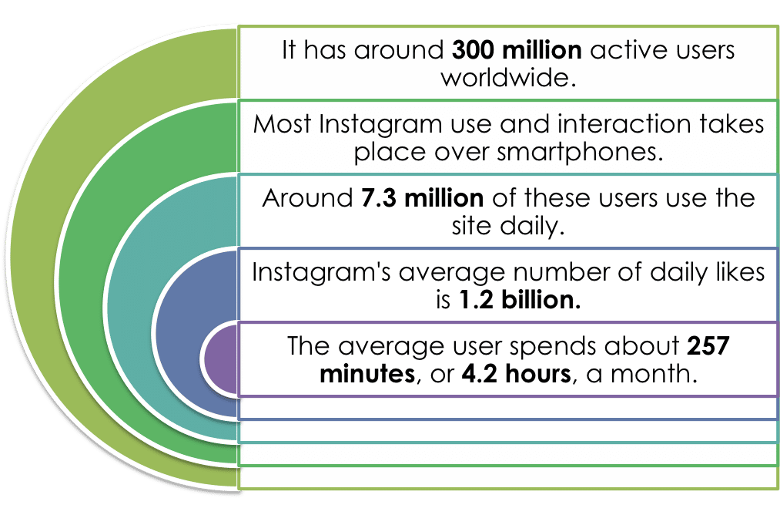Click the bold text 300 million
[517, 50]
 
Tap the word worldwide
[508, 78]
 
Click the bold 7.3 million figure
[422, 198]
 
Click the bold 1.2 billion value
[520, 300]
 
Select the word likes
[741, 272]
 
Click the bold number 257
[708, 346]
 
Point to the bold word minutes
[367, 374]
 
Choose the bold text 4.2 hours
[517, 374]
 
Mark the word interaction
[624, 124]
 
